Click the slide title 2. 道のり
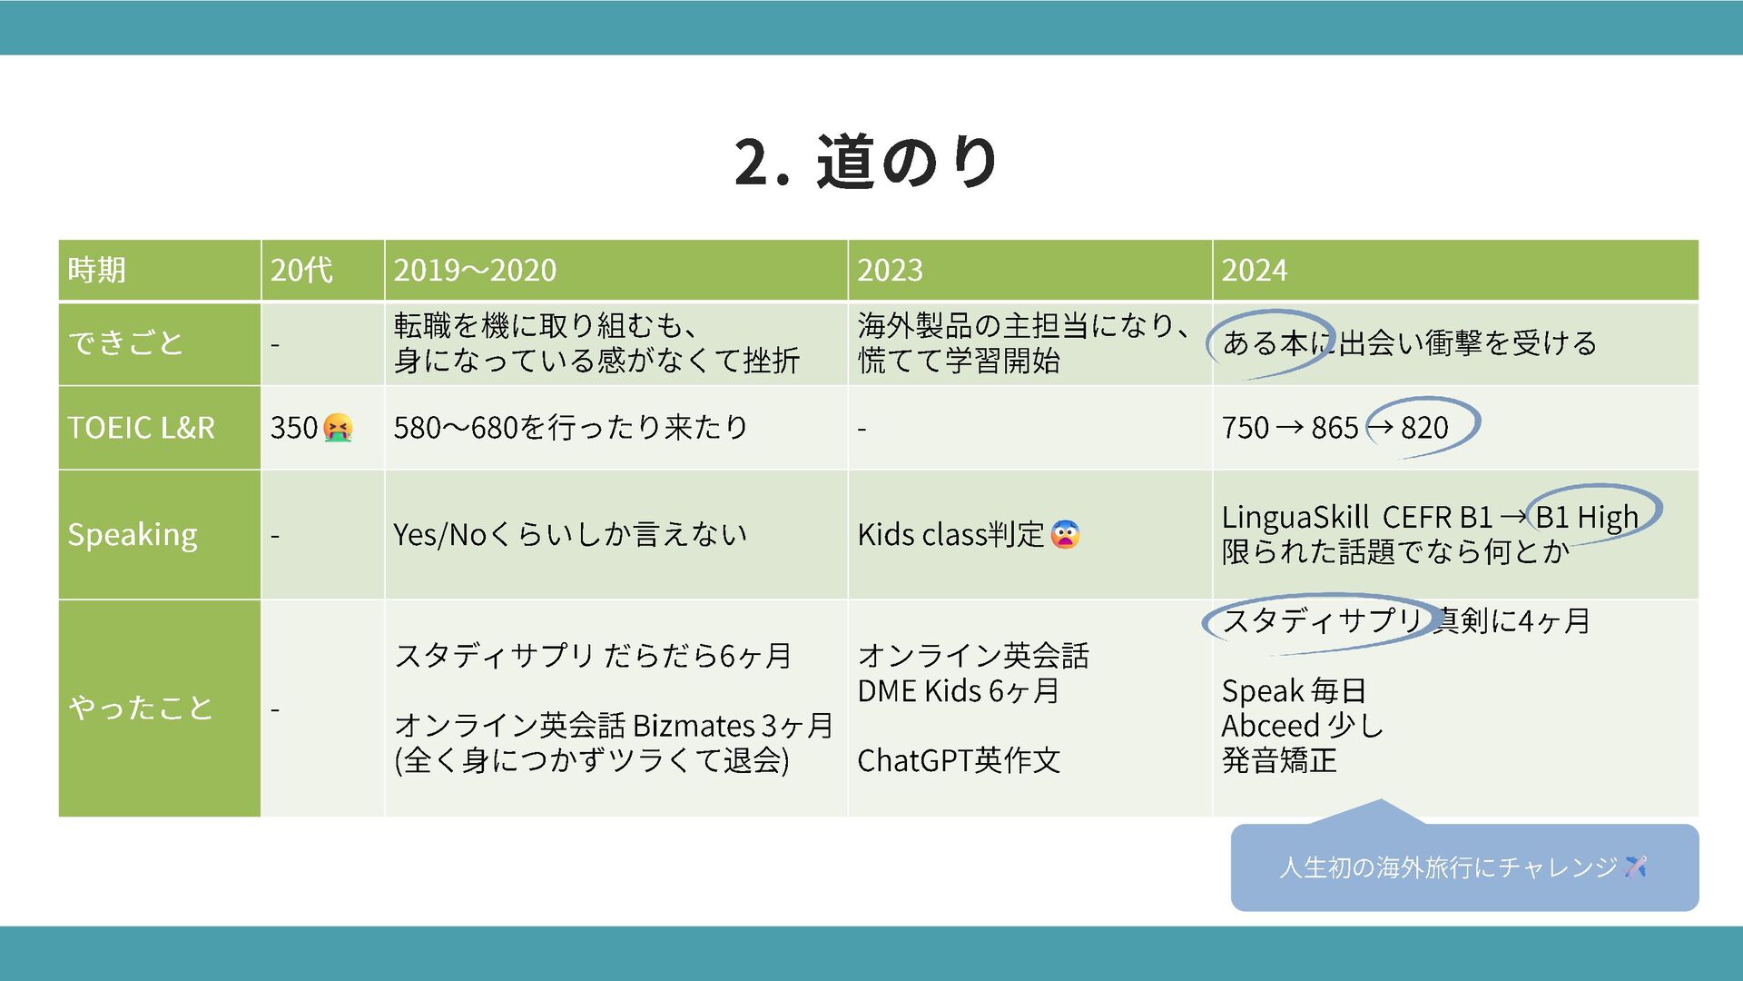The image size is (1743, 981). (867, 162)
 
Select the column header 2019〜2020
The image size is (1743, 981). (475, 270)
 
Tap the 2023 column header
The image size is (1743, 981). (890, 270)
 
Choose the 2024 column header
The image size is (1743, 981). (1254, 270)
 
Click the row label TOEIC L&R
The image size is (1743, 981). (141, 427)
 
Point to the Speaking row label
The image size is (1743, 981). (133, 534)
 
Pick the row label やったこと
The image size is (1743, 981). (141, 708)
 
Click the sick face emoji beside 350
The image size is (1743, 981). (338, 427)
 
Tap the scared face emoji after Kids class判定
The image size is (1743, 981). (1065, 534)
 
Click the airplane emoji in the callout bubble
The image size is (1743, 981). (1635, 867)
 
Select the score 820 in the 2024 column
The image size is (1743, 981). (1424, 427)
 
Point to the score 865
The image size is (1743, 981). (1334, 427)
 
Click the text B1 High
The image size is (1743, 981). (1587, 517)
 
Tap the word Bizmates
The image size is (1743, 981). (694, 726)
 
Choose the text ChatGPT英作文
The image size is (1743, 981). (959, 760)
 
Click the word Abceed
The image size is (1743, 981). (1270, 726)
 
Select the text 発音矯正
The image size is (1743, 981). (1279, 760)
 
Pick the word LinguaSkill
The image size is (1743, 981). (1295, 517)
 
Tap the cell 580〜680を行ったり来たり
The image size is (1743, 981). (570, 427)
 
